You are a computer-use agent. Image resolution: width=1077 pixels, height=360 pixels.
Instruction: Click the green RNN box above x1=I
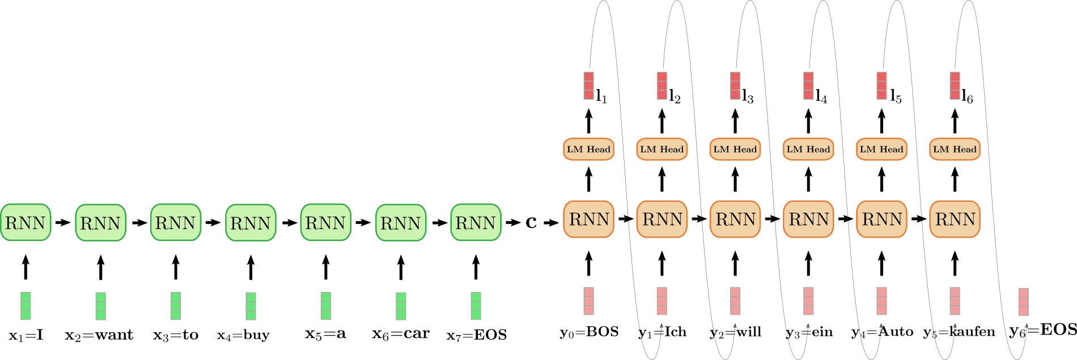[x=26, y=223]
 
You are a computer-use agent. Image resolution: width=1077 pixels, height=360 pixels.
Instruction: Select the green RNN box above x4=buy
[x=251, y=223]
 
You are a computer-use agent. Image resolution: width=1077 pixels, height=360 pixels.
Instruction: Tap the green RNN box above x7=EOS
[x=476, y=223]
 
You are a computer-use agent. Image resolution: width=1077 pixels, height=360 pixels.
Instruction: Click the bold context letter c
[x=531, y=223]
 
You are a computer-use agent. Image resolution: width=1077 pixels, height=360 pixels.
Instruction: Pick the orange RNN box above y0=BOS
[x=588, y=219]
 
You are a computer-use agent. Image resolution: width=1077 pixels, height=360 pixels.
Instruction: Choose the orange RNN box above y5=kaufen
[x=955, y=219]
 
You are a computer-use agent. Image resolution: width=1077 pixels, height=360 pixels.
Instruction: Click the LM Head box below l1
[x=588, y=149]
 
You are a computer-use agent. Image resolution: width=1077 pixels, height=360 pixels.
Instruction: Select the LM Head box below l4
[x=808, y=149]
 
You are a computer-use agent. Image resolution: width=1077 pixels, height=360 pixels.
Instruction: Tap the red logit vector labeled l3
[x=735, y=86]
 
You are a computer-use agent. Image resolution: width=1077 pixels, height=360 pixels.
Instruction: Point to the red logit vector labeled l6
[x=955, y=86]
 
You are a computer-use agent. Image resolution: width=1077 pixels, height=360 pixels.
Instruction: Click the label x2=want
[x=99, y=336]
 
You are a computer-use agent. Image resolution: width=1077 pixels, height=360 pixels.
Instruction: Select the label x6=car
[x=401, y=334]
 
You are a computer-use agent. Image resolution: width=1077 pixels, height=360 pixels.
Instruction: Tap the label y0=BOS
[x=590, y=332]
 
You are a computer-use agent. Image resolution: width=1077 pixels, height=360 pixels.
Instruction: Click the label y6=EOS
[x=1043, y=330]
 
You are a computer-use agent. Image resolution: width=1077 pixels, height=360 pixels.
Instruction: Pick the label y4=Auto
[x=882, y=332]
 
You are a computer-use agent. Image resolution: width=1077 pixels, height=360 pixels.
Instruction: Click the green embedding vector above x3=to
[x=176, y=306]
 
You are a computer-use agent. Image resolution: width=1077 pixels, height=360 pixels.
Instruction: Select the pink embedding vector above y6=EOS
[x=1023, y=302]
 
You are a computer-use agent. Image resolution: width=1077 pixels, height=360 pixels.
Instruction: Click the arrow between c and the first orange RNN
[x=551, y=223]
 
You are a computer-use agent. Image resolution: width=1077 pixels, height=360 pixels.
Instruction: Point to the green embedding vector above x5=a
[x=326, y=306]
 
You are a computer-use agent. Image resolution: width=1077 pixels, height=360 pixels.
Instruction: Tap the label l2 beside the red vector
[x=675, y=97]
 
